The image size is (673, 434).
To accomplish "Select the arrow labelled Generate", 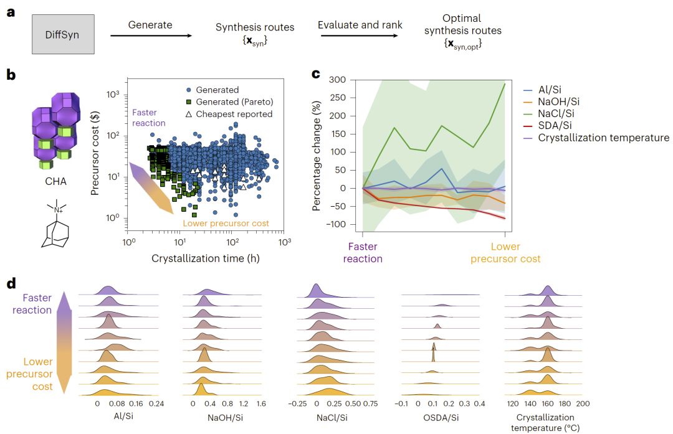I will tap(151, 36).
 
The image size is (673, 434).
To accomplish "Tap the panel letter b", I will tap(11, 75).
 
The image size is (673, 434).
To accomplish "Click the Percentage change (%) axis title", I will tap(317, 153).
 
